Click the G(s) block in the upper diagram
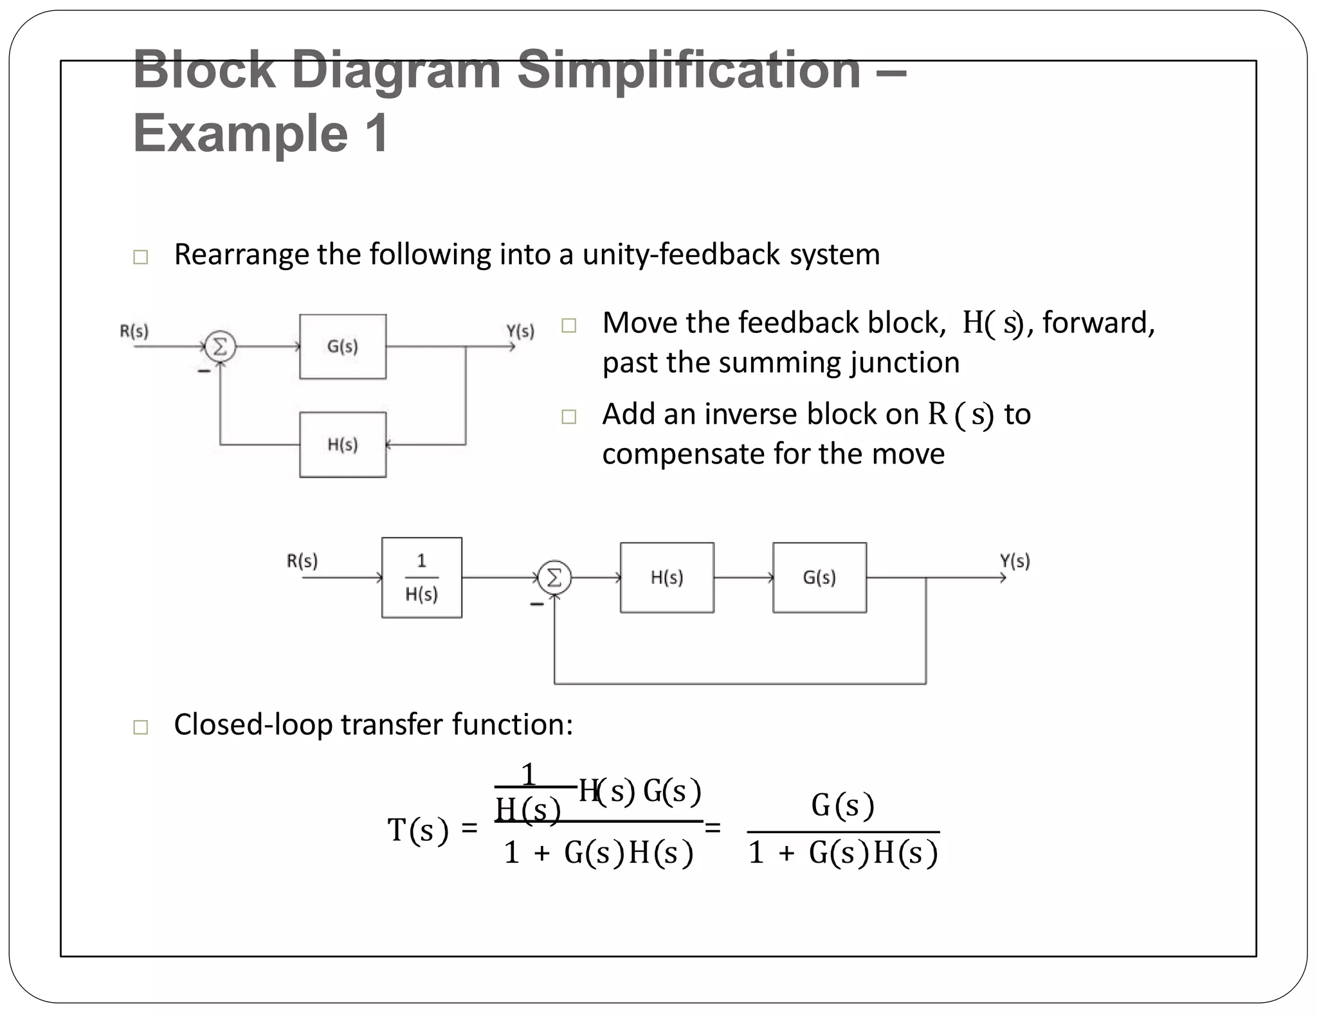[343, 346]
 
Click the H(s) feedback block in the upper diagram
[343, 444]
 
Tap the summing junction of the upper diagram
[220, 347]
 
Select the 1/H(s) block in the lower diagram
[422, 577]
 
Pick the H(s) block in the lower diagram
[667, 577]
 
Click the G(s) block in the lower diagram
[819, 577]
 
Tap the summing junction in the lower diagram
[554, 577]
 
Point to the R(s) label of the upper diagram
[134, 331]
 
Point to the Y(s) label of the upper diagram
[520, 331]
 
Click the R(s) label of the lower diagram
[302, 561]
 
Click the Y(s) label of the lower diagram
[1015, 561]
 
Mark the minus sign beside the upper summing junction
[204, 372]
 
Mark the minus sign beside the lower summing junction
[536, 604]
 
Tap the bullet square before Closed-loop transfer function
[140, 727]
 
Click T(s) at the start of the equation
[417, 830]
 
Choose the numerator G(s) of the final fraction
[842, 806]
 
